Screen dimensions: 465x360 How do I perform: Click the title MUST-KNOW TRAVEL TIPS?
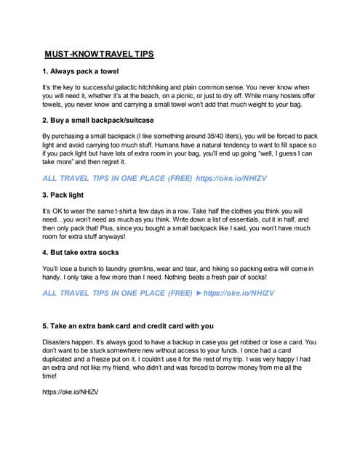pos(99,54)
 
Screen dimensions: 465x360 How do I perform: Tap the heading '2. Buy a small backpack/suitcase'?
pos(97,120)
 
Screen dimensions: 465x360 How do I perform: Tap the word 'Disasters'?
pos(60,341)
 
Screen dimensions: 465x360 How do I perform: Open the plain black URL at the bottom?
pos(71,392)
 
